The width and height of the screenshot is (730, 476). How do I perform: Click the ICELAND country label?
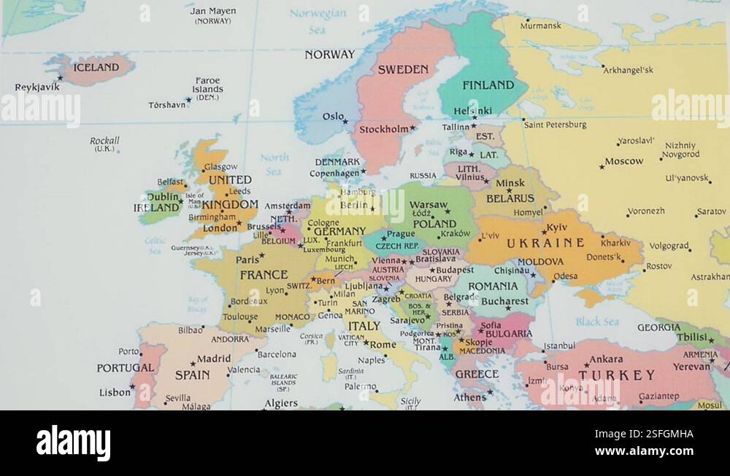tap(96, 67)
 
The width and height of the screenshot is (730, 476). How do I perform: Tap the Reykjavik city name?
tap(37, 87)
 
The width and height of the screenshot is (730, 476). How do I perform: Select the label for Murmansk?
tap(540, 26)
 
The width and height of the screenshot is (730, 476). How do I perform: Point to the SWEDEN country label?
tap(402, 70)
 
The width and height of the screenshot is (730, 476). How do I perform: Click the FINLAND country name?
tap(488, 85)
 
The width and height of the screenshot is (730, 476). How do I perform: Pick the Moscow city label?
tap(623, 161)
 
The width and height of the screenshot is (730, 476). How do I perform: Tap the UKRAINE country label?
tap(545, 243)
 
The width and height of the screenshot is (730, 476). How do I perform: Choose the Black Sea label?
tap(596, 321)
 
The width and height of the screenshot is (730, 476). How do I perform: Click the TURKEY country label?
tap(617, 375)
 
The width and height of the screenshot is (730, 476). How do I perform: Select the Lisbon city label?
tap(115, 392)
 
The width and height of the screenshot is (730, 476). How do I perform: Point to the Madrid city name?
tap(213, 359)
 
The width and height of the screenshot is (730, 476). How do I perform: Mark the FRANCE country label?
tap(264, 275)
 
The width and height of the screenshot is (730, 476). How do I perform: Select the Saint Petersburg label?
tap(555, 125)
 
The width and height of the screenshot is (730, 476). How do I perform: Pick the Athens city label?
tap(469, 397)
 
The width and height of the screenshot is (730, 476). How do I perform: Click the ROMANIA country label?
tap(493, 286)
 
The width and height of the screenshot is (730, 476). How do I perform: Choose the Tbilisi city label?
tap(691, 338)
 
